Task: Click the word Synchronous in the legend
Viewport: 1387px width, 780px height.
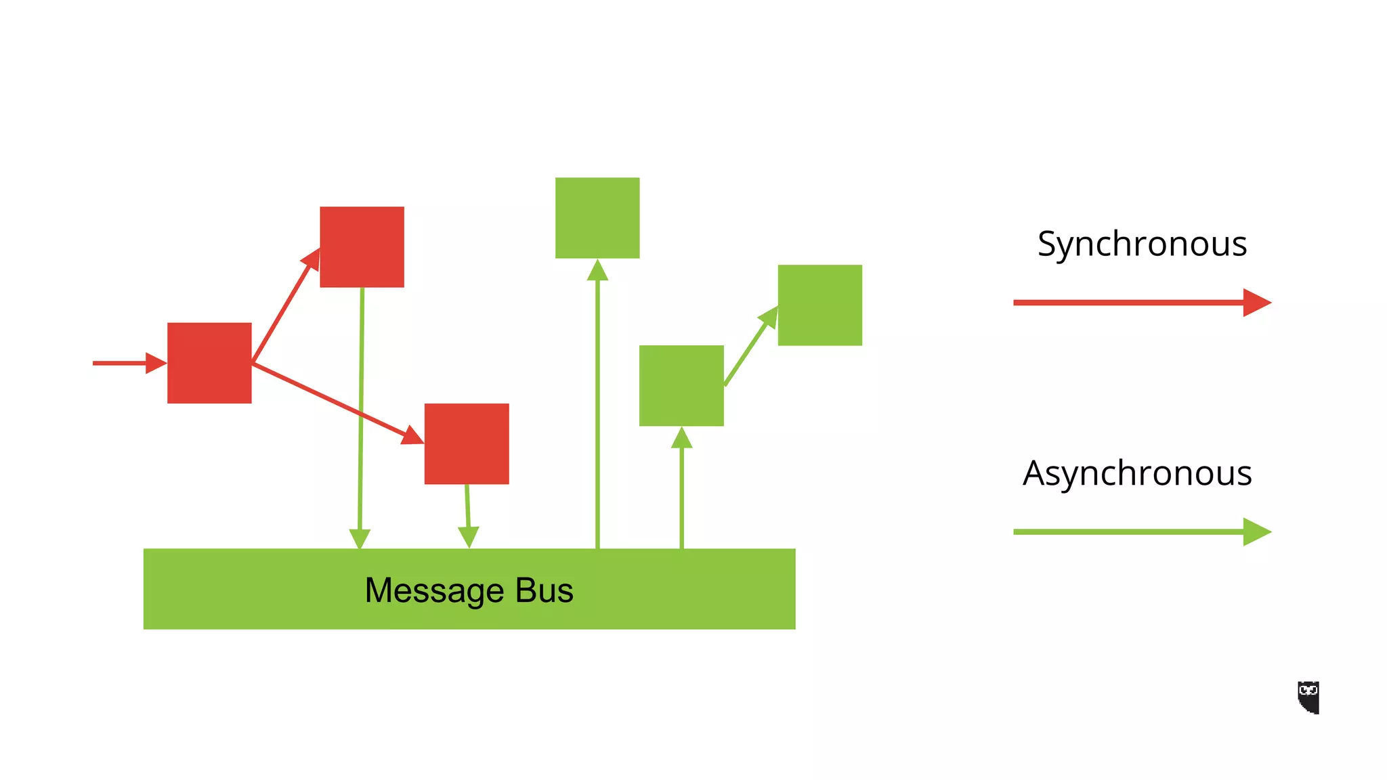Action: click(x=1142, y=244)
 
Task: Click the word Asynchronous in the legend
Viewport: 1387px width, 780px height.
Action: click(x=1137, y=473)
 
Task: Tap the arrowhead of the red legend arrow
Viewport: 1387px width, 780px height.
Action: click(x=1256, y=303)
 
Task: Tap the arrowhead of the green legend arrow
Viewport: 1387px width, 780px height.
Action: click(x=1256, y=532)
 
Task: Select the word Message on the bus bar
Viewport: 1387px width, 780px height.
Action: click(x=434, y=590)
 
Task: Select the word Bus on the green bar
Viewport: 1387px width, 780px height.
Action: click(x=544, y=590)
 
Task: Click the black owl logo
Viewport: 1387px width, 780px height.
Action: click(x=1308, y=697)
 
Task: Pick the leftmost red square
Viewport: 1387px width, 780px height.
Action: click(x=209, y=363)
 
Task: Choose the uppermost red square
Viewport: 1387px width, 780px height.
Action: click(x=362, y=247)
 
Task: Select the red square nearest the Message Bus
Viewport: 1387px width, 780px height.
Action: click(x=467, y=443)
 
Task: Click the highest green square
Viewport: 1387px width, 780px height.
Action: click(x=597, y=218)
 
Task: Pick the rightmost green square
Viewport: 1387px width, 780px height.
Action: click(x=819, y=305)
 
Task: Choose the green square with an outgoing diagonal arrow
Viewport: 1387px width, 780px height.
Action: click(x=681, y=386)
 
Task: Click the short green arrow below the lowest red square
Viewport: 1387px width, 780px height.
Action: click(x=467, y=515)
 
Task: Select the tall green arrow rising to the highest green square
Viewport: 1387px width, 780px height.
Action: click(x=597, y=406)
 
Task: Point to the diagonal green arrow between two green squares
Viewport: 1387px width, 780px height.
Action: click(x=748, y=349)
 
